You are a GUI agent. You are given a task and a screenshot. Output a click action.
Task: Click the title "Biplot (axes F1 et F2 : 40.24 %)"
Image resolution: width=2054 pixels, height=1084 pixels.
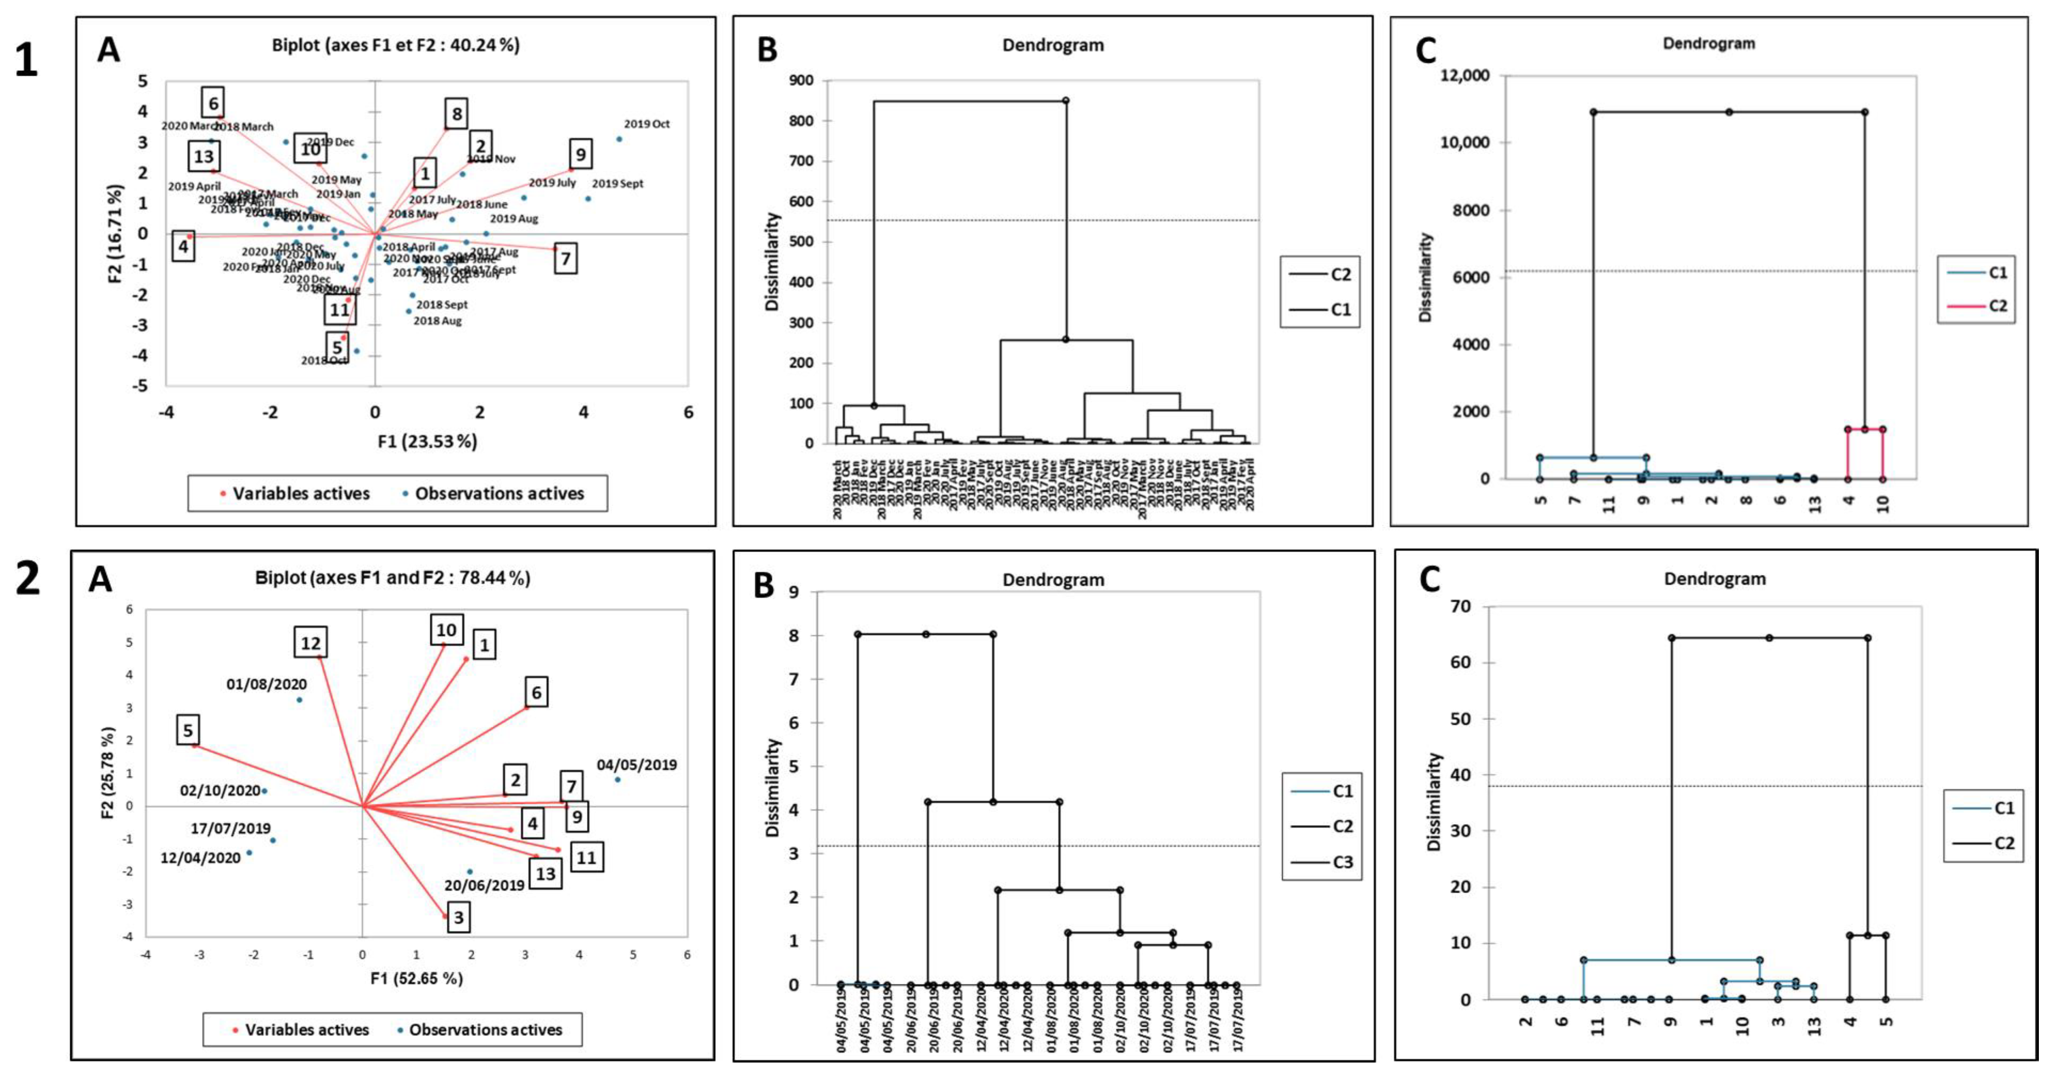click(x=396, y=45)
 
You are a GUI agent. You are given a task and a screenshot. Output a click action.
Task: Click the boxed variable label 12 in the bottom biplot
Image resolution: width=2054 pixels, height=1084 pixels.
click(x=310, y=643)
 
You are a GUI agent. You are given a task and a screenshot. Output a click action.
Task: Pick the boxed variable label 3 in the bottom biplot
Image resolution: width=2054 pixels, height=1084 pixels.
click(x=458, y=917)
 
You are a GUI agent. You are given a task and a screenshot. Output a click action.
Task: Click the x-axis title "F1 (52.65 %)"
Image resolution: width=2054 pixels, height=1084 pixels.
click(x=416, y=978)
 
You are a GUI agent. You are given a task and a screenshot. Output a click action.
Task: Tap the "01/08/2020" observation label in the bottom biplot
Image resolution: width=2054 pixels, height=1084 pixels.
click(x=266, y=684)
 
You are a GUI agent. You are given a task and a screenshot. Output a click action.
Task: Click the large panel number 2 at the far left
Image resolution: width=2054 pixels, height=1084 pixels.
click(x=28, y=579)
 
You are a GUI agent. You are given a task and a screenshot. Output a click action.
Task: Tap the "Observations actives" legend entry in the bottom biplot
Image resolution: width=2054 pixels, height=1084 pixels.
click(x=485, y=1030)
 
